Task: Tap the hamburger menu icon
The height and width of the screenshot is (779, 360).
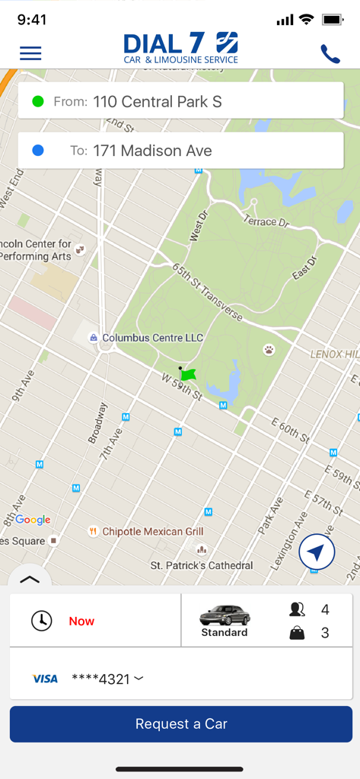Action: [30, 53]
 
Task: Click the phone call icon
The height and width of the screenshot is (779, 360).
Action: [330, 54]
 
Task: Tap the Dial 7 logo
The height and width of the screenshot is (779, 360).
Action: [180, 48]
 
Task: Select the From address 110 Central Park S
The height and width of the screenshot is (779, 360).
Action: [157, 102]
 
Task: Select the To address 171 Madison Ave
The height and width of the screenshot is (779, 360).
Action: [152, 151]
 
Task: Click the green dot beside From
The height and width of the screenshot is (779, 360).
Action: [38, 102]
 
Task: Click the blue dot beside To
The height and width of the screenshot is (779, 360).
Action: [38, 151]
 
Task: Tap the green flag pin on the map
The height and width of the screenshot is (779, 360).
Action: [188, 374]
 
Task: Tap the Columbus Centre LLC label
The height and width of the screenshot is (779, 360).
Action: [152, 338]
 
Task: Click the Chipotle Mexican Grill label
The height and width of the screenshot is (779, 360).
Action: [152, 532]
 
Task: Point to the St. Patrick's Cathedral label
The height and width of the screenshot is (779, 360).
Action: [201, 565]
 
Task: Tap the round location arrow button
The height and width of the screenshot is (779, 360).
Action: [317, 552]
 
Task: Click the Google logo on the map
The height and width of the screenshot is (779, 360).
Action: [33, 520]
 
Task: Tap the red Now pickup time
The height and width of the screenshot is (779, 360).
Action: [81, 621]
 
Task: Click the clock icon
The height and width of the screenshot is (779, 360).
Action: [41, 621]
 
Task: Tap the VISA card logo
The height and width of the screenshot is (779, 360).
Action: [45, 679]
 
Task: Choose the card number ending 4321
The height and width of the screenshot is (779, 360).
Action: [107, 679]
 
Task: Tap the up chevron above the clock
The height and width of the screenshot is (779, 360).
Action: [29, 580]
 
